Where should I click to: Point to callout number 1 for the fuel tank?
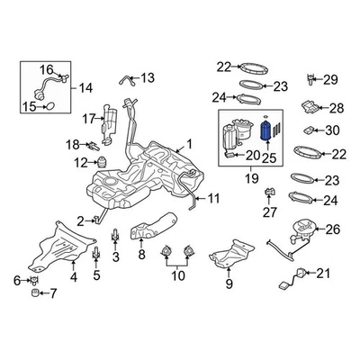189,143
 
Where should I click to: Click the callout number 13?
148,77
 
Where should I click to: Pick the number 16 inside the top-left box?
46,67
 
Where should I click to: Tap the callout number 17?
88,119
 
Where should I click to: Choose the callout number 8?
140,256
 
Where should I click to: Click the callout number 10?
177,274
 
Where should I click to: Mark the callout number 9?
229,285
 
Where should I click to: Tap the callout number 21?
324,274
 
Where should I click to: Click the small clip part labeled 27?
268,193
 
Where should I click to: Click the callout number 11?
213,198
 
